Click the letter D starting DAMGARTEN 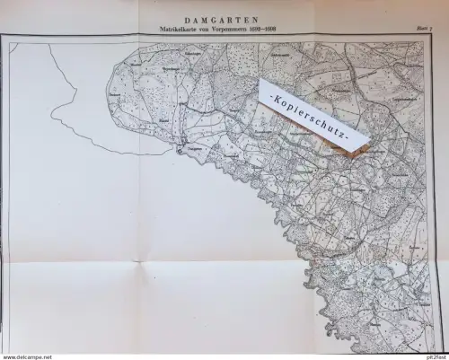(x=185, y=17)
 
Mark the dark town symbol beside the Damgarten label (x=180, y=149)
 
